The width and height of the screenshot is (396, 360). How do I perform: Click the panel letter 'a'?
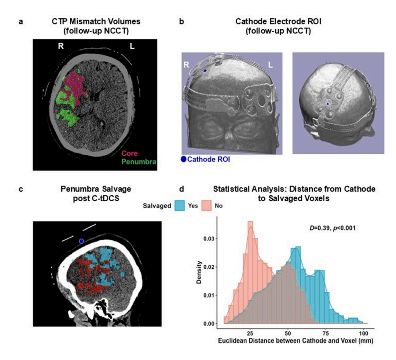click(x=21, y=22)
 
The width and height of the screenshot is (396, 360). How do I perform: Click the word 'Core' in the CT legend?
click(x=130, y=153)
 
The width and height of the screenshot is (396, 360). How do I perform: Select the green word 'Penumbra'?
click(x=138, y=162)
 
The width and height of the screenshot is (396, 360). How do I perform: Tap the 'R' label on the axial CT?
click(x=61, y=46)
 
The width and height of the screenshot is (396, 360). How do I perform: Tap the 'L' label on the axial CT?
click(x=132, y=46)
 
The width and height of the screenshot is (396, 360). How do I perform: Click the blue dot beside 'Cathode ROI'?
click(x=184, y=159)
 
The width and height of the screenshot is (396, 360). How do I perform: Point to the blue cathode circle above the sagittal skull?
click(x=81, y=241)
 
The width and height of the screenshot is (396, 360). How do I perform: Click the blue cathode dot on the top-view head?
click(x=328, y=104)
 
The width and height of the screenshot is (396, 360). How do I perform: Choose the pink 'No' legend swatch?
click(x=206, y=206)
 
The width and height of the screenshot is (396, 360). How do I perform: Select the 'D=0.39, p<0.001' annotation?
click(x=332, y=228)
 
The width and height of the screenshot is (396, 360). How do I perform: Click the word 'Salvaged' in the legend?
click(x=157, y=206)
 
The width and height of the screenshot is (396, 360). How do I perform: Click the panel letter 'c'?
click(x=21, y=189)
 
